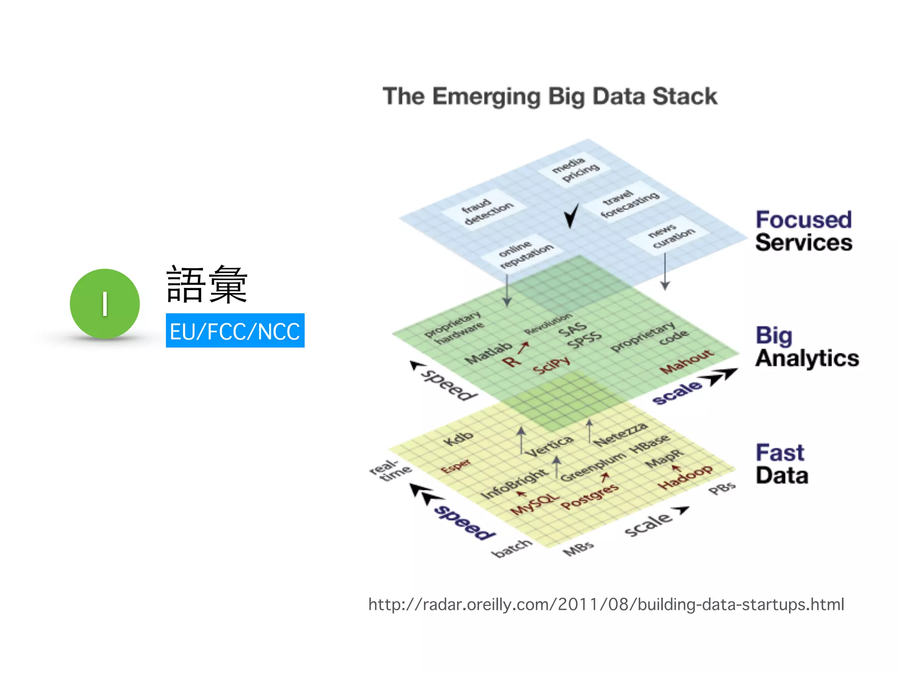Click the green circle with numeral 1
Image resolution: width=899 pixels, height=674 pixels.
(x=104, y=304)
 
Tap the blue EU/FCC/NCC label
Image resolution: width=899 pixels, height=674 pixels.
(x=235, y=331)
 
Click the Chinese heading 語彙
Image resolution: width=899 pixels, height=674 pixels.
(x=207, y=285)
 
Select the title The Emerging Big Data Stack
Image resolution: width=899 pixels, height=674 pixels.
(x=550, y=96)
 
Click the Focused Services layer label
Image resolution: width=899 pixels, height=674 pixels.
(x=803, y=231)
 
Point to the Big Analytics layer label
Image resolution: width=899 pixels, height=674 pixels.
(x=807, y=347)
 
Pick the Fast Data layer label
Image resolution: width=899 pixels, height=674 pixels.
(x=782, y=464)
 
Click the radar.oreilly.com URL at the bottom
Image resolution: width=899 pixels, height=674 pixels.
(x=606, y=604)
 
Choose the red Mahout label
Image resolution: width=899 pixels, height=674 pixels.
(x=687, y=361)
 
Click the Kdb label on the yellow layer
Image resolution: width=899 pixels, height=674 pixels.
(x=458, y=438)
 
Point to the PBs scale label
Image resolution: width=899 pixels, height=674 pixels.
(x=722, y=488)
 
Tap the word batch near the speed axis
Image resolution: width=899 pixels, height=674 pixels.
(x=512, y=549)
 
